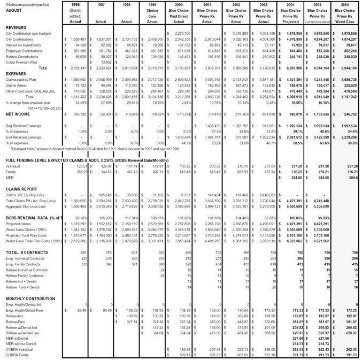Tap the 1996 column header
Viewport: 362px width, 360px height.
tap(75, 4)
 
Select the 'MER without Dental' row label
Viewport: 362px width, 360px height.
tap(22, 343)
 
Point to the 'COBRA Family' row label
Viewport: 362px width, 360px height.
tap(18, 354)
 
